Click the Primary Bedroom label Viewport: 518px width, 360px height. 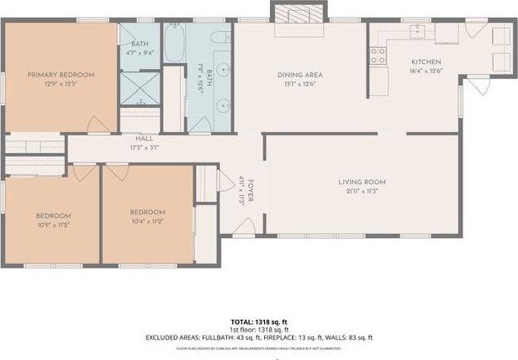tap(61, 75)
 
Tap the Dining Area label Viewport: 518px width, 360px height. tap(300, 75)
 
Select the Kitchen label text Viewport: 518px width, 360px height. tap(426, 61)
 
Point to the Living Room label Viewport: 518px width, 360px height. tap(362, 183)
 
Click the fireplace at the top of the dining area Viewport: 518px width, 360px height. tap(297, 13)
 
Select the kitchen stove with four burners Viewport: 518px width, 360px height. tap(378, 56)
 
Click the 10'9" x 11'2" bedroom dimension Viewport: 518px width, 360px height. tap(52, 225)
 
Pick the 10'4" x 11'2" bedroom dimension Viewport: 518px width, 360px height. tap(147, 221)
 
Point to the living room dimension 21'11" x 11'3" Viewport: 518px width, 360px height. tap(362, 191)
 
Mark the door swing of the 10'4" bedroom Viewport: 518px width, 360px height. tap(114, 174)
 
